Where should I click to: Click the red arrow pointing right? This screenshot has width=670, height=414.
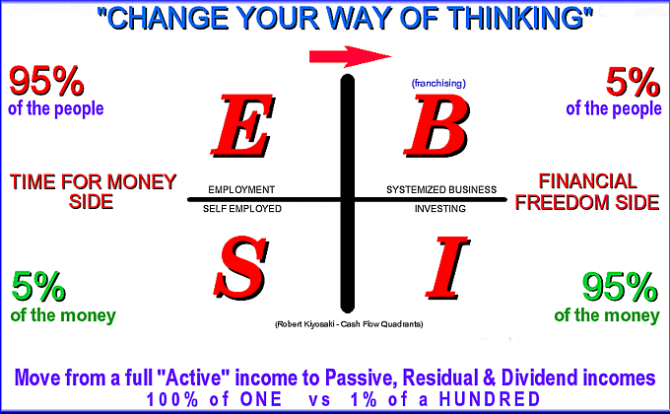[x=350, y=56]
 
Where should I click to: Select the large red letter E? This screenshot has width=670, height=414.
[x=242, y=125]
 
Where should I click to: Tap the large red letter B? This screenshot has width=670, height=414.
[x=436, y=125]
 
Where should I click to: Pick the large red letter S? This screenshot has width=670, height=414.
[x=241, y=268]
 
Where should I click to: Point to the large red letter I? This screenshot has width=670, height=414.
[x=447, y=268]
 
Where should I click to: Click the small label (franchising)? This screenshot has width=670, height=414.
[x=438, y=83]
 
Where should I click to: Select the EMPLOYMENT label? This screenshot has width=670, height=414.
[x=241, y=189]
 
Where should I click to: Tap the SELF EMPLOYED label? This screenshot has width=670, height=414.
[x=241, y=209]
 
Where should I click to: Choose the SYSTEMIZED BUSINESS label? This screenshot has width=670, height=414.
[x=441, y=189]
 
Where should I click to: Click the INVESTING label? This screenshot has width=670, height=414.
[x=440, y=209]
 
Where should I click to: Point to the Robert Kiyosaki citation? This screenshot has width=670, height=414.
[x=349, y=324]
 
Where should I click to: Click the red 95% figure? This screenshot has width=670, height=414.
[x=46, y=81]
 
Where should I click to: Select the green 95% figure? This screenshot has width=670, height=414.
[x=620, y=288]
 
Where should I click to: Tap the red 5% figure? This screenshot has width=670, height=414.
[x=633, y=82]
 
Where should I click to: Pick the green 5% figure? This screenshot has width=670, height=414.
[x=38, y=287]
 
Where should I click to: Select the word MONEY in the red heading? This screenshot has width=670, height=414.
[x=142, y=181]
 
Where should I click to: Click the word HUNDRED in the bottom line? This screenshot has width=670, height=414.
[x=490, y=399]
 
